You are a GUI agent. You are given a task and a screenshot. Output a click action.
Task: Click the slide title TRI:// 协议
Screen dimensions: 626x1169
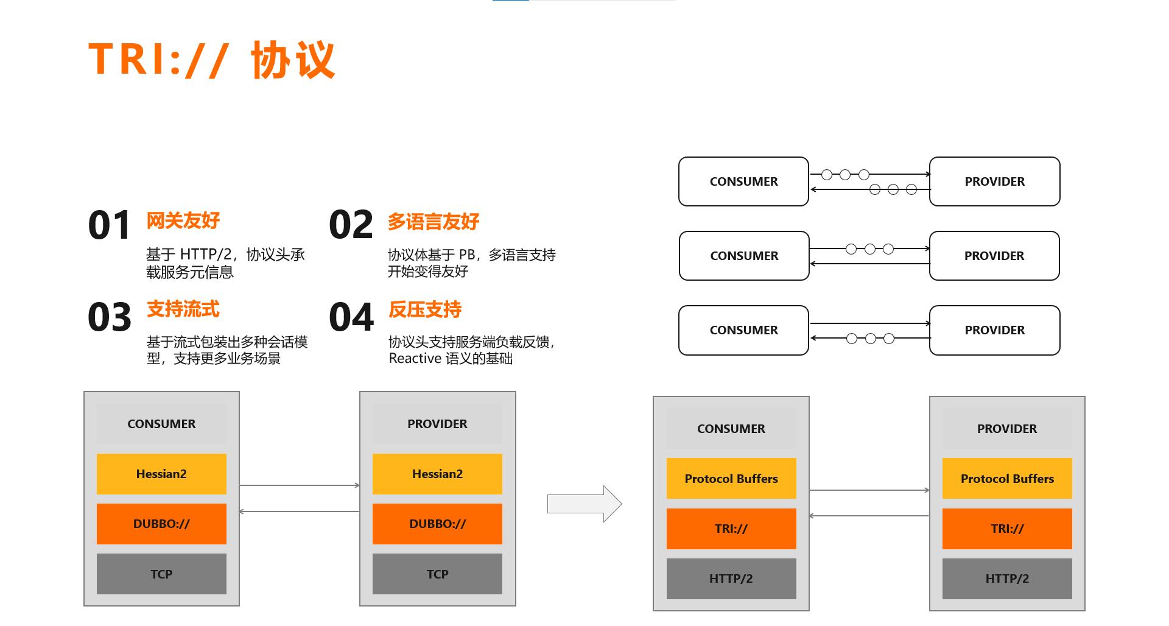(211, 60)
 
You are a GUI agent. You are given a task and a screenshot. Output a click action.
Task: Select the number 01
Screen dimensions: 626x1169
(110, 225)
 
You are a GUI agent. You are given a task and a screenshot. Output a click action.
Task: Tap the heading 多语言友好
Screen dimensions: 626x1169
(434, 222)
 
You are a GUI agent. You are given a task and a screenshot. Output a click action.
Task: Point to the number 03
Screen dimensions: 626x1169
(110, 317)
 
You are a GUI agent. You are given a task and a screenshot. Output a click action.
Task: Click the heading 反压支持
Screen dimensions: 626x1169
(425, 309)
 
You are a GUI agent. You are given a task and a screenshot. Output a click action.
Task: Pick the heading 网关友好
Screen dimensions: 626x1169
(183, 220)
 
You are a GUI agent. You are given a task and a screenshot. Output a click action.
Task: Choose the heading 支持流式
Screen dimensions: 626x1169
(183, 309)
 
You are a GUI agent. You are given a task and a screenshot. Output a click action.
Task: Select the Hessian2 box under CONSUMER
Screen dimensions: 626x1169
(161, 474)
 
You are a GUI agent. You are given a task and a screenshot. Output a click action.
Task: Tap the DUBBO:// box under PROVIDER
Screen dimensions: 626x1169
(437, 524)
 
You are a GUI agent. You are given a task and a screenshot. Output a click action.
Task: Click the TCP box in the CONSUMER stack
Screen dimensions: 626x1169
(161, 574)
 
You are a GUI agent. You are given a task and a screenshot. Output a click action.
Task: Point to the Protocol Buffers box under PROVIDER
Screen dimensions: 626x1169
(1007, 479)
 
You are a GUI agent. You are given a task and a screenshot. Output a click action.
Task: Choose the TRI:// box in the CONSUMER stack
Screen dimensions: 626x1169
(731, 529)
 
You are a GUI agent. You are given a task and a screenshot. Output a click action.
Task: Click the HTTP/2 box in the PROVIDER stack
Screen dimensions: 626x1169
(1007, 579)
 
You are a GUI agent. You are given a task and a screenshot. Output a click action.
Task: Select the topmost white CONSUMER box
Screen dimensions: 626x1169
(743, 181)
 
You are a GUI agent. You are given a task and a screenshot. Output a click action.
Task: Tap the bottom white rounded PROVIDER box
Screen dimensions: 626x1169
(994, 330)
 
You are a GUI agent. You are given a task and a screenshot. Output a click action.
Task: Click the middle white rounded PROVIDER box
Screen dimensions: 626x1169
(994, 256)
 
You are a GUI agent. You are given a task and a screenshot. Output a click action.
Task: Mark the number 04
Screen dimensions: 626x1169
(351, 317)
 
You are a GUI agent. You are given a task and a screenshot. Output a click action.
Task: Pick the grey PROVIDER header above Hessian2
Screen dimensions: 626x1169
(437, 424)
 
